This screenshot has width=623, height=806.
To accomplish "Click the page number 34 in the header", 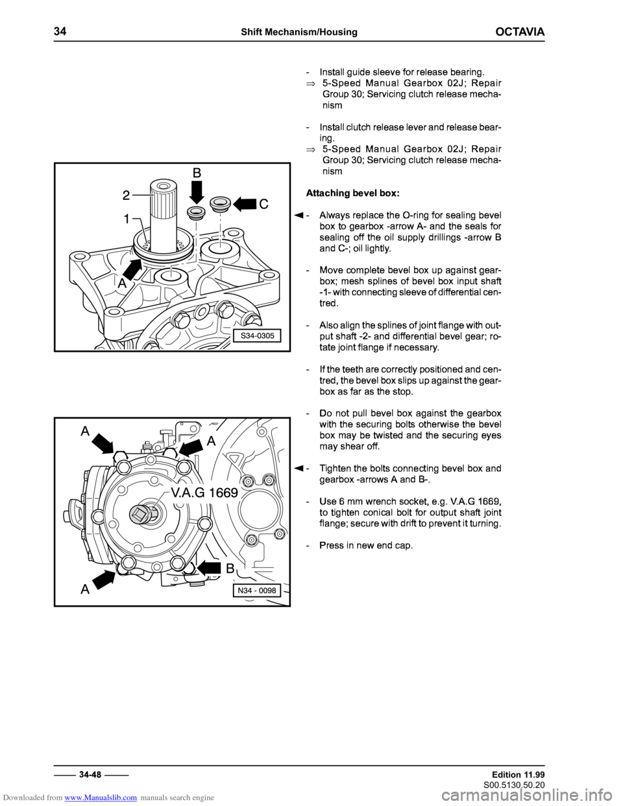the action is click(60, 31).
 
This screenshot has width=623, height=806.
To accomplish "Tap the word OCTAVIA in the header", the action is click(520, 32).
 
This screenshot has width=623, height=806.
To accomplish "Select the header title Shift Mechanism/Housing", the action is click(299, 32).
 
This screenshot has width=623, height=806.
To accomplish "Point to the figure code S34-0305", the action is click(258, 336).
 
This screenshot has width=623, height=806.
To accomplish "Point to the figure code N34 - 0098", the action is click(256, 590).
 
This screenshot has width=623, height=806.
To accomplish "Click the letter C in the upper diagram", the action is click(263, 204).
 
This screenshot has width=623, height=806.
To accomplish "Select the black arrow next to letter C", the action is click(245, 204).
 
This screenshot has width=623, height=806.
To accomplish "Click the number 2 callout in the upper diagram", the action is click(127, 195).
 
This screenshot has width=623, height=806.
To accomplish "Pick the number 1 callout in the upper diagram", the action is click(127, 219).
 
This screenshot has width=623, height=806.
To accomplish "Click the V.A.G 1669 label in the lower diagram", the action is click(204, 493).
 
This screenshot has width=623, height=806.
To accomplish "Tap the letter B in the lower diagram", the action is click(230, 568).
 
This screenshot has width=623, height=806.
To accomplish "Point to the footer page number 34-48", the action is click(91, 774).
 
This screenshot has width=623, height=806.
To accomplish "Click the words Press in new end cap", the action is click(366, 546).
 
